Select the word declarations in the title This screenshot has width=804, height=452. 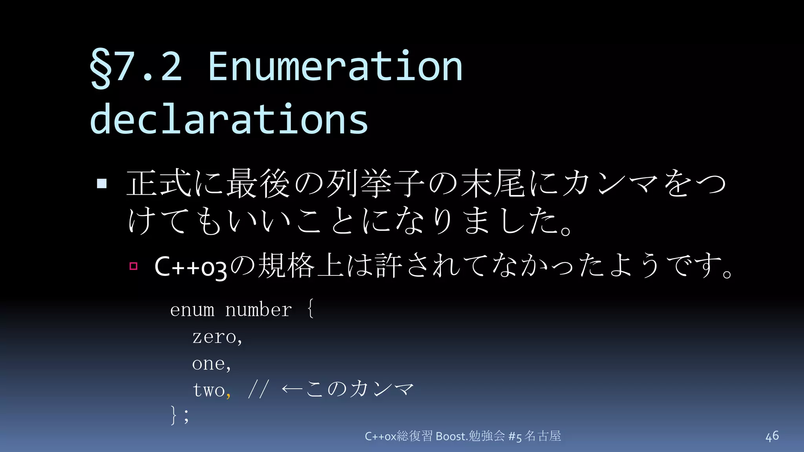[229, 119]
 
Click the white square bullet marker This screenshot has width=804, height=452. [102, 183]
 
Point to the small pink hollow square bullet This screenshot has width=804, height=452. [133, 266]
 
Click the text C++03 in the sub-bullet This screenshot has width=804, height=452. [190, 267]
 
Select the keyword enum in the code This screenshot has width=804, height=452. [192, 310]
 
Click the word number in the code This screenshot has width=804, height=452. [258, 310]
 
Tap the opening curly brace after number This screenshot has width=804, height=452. [310, 308]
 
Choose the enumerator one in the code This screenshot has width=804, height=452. [208, 364]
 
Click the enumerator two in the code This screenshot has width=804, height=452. [208, 390]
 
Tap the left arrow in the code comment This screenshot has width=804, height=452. [292, 389]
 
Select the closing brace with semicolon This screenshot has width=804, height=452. [179, 415]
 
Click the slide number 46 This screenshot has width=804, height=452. [772, 436]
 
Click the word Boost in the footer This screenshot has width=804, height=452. [451, 436]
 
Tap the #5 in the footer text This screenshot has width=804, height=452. [515, 436]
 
